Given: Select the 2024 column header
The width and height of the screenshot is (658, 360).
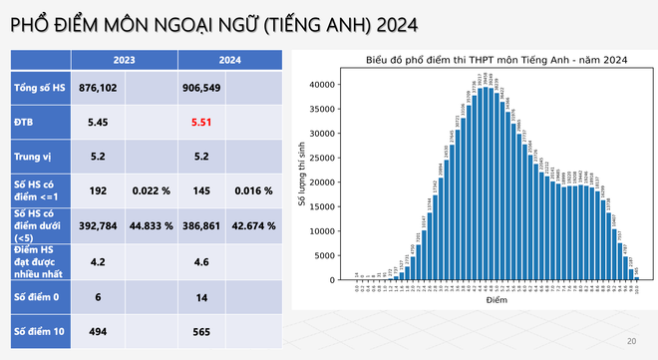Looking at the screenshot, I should (x=201, y=59).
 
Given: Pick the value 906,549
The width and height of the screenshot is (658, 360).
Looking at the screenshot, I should (x=201, y=88).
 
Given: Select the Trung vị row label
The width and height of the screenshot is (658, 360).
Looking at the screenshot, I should (x=34, y=157).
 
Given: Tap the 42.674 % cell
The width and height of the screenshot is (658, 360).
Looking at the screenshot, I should (x=254, y=226).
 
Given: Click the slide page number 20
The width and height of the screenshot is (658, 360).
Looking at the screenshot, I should (x=631, y=342).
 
